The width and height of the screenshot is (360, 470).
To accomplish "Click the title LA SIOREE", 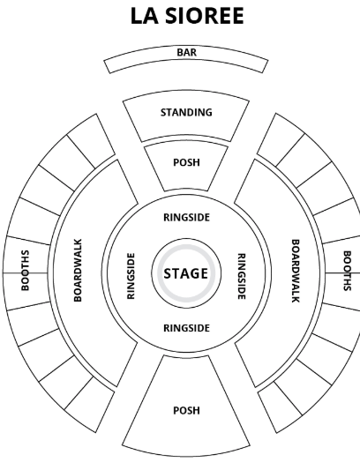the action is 187,16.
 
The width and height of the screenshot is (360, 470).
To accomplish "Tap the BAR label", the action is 186,52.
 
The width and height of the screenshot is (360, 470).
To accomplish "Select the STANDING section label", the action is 186,112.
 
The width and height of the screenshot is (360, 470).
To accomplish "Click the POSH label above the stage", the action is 186,162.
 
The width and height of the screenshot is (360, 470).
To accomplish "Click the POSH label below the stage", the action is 186,410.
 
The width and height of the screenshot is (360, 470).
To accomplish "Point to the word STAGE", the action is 185,273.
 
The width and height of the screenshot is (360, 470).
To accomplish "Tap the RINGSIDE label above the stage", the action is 186,217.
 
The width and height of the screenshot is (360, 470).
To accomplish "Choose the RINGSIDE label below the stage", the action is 186,328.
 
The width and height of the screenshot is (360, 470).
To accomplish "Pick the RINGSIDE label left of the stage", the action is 131,276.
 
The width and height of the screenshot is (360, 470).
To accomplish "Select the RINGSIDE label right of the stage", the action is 242,276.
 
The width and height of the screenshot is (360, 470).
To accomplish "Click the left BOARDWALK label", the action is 78,270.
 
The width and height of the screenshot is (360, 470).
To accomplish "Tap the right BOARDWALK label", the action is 296,271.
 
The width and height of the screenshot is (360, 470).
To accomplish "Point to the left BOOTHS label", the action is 26,271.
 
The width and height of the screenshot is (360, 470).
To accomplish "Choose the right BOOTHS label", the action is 347,271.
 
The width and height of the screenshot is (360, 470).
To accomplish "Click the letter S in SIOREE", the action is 172,16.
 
